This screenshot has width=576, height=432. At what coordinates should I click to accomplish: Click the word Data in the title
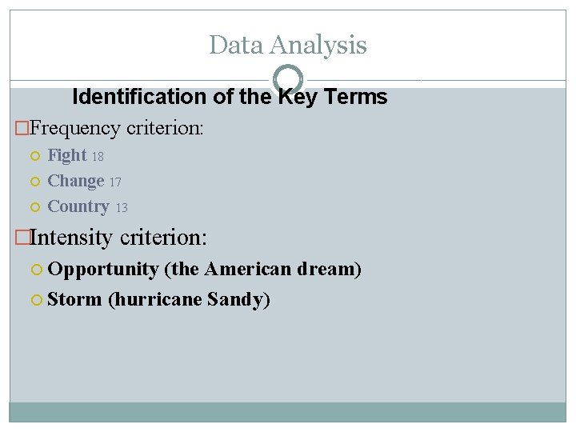point(235,45)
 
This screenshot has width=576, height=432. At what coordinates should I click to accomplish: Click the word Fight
point(66,155)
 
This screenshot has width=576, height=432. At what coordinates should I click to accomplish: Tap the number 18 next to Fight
point(98,157)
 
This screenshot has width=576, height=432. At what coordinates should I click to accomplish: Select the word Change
point(76,182)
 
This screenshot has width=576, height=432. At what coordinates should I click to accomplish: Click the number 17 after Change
point(115,182)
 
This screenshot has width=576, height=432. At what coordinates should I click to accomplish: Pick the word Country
point(78,206)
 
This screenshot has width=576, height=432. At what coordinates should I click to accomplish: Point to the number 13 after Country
point(122,208)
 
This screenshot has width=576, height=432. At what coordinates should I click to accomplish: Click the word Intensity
point(72,238)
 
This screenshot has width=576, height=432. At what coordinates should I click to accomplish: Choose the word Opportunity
point(103,270)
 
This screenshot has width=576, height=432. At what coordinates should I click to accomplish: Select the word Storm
point(74,300)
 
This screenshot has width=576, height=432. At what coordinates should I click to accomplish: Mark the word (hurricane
point(155,300)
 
